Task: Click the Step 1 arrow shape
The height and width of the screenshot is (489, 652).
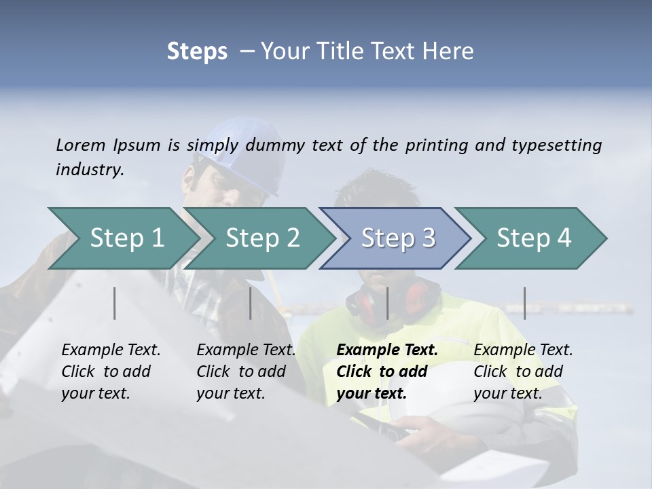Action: pos(122,238)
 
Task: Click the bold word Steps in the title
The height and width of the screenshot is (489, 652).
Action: pos(197,52)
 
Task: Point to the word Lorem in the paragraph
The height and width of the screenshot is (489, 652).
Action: pos(81,145)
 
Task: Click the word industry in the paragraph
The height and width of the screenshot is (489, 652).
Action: pos(89,169)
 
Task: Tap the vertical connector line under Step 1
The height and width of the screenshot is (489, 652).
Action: pos(115,303)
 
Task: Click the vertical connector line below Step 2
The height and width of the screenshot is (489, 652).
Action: pos(251,303)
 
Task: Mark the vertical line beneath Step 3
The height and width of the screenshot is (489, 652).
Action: pos(387,303)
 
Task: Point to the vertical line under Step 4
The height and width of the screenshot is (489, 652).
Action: pos(525,303)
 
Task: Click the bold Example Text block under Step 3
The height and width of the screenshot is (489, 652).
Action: pos(386,372)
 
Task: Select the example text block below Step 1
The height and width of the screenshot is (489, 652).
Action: pos(110,372)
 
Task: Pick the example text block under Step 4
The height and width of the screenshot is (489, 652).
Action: pos(522,372)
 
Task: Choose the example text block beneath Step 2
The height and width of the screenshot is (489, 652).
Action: pos(245,372)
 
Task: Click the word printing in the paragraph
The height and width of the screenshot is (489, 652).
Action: pos(431,145)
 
